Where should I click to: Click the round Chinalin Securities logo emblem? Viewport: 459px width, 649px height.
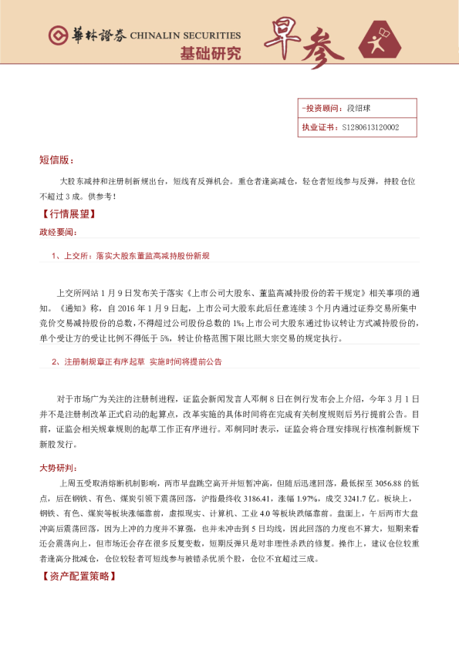[x=57, y=35]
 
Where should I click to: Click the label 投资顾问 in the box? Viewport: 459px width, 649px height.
[x=323, y=109]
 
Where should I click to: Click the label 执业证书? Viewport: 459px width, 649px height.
[x=319, y=127]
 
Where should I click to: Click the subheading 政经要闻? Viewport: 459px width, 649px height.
[x=58, y=231]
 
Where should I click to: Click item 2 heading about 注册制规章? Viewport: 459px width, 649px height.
[x=137, y=361]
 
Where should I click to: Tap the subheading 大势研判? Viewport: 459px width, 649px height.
[x=58, y=468]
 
